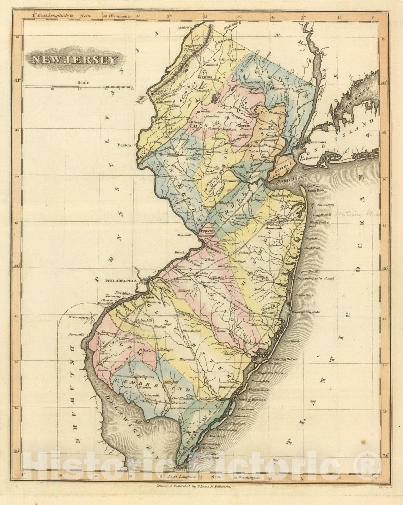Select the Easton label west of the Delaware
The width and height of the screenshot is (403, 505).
(x=124, y=145)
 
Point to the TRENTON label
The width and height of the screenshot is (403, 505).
(x=208, y=231)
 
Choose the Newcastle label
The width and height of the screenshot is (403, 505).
(x=75, y=334)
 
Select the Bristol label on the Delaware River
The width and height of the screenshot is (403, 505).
(x=179, y=253)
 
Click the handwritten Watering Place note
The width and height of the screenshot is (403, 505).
(x=359, y=214)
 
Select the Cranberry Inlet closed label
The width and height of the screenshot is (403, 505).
(x=315, y=279)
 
